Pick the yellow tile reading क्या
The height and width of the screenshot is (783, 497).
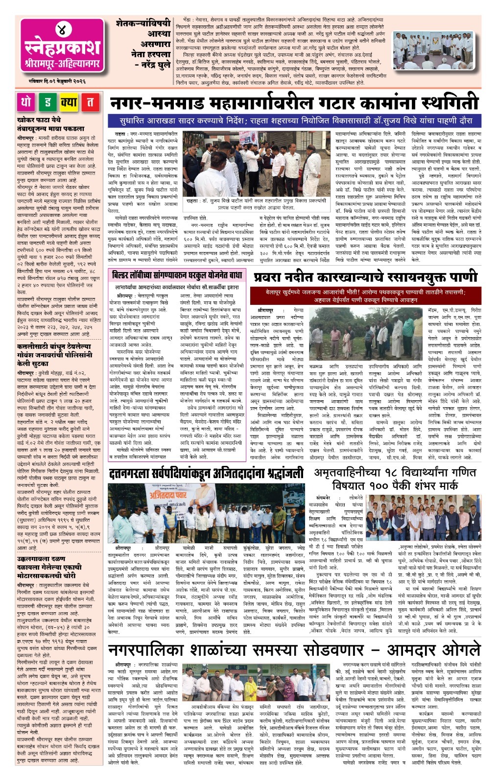69,102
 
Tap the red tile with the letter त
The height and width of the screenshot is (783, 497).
90,102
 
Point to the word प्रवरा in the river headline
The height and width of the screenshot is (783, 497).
271,277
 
